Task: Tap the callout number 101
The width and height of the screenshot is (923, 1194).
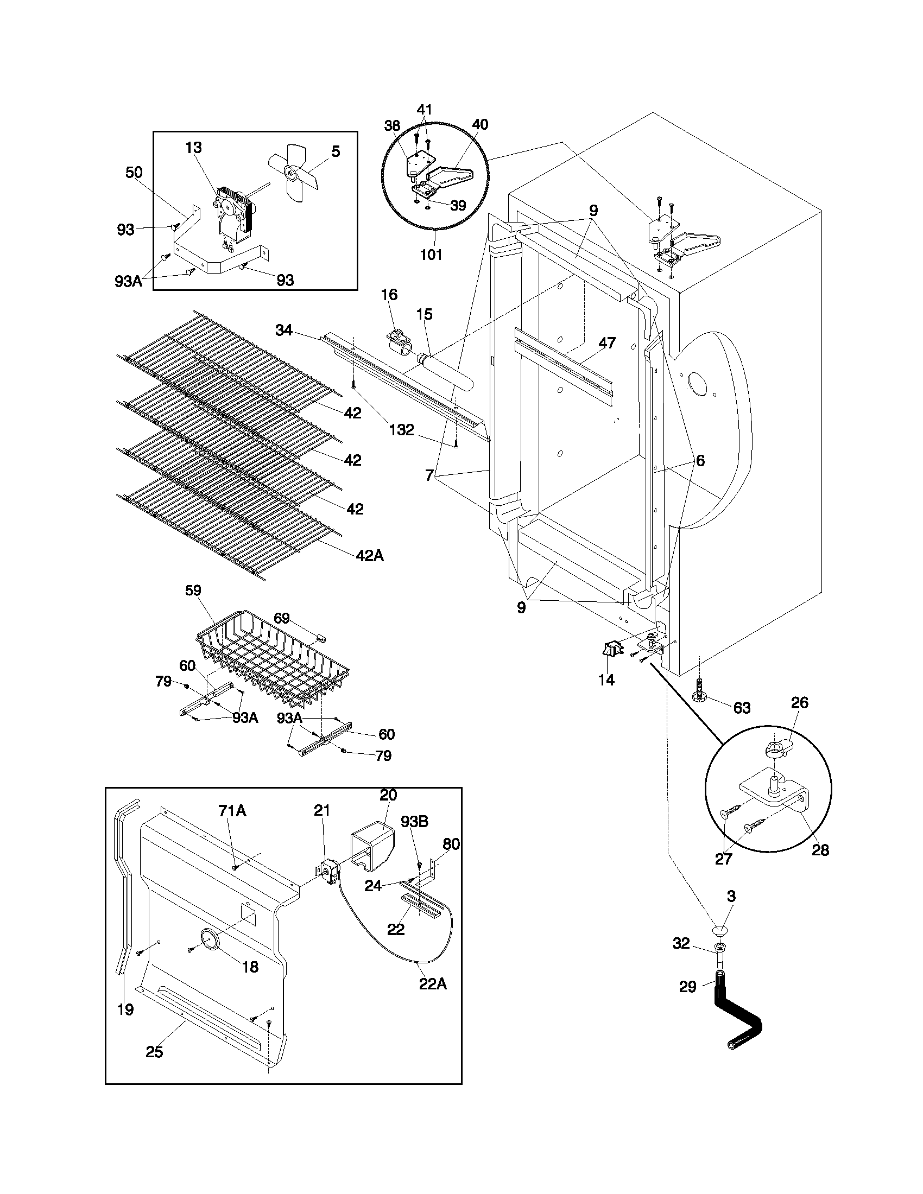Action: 431,255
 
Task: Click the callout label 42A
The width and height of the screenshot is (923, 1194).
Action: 370,556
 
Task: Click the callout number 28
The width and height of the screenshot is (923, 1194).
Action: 820,850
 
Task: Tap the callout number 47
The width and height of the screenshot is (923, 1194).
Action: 607,343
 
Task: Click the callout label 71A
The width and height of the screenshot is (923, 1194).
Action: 232,811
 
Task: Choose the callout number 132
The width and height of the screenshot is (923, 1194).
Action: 402,430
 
